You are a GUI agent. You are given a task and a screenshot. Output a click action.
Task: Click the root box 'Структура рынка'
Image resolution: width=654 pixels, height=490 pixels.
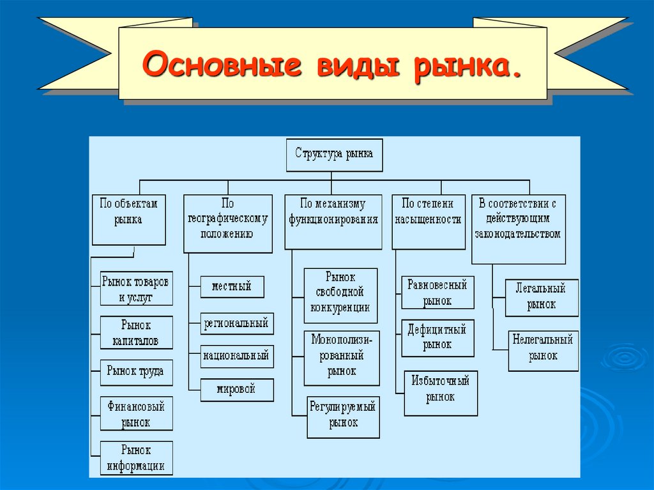tap(334, 155)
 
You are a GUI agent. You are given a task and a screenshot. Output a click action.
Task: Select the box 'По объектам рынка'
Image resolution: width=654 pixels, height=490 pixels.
tap(128, 219)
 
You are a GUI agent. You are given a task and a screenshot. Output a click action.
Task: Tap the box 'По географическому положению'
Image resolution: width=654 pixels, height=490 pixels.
tap(227, 223)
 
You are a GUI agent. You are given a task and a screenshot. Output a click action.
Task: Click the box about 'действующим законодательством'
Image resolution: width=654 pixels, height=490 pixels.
tap(518, 229)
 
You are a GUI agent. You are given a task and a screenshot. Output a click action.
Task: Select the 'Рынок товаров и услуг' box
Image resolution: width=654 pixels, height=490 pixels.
tap(136, 289)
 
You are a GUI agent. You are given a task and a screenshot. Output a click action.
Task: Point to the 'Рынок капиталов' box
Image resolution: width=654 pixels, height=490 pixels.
tap(136, 333)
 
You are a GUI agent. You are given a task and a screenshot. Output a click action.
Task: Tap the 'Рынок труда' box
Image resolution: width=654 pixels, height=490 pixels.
tap(136, 371)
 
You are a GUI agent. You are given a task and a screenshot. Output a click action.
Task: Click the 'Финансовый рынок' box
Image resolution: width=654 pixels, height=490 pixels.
tap(136, 414)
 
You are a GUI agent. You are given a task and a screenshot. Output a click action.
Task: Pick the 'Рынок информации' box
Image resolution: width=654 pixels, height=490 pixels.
tap(136, 457)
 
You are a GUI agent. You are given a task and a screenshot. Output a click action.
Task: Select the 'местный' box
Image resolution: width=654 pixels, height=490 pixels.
tap(231, 287)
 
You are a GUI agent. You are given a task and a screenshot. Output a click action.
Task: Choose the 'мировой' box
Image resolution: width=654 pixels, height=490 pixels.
tap(236, 389)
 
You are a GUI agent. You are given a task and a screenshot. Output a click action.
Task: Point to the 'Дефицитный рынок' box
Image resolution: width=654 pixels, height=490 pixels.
tap(437, 337)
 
